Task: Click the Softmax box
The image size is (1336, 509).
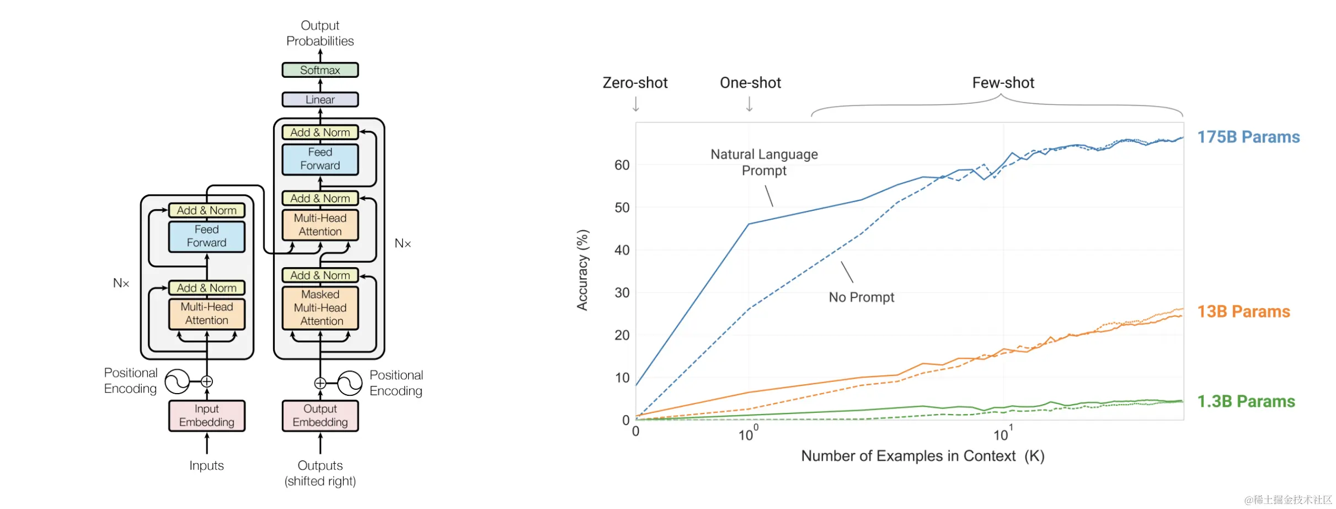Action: tap(320, 70)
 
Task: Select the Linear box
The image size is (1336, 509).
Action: tap(320, 99)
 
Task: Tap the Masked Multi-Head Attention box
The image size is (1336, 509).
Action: tap(320, 307)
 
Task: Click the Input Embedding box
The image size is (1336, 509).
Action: tap(207, 416)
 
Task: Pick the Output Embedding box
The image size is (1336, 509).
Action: tap(320, 416)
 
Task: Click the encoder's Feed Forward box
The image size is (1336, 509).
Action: tap(207, 236)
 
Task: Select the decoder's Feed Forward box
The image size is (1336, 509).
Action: tap(320, 159)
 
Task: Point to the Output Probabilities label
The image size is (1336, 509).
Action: tap(320, 33)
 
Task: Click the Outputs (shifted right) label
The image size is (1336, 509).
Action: tap(320, 473)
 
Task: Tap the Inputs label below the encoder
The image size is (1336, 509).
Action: tap(207, 465)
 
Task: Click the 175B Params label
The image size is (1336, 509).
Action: tap(1248, 137)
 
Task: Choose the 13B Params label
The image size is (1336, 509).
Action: tap(1243, 311)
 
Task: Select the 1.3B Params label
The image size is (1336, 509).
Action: tap(1246, 401)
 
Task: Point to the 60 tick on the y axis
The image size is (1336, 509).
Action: tap(622, 165)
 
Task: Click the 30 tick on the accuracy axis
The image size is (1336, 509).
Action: tap(622, 293)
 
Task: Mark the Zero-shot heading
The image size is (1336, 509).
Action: tap(635, 83)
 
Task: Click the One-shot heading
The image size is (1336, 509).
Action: tap(750, 83)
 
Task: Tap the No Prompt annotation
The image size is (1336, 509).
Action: tap(861, 297)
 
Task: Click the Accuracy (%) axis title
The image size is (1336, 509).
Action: tap(583, 270)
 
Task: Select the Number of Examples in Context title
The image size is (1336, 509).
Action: tap(922, 456)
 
